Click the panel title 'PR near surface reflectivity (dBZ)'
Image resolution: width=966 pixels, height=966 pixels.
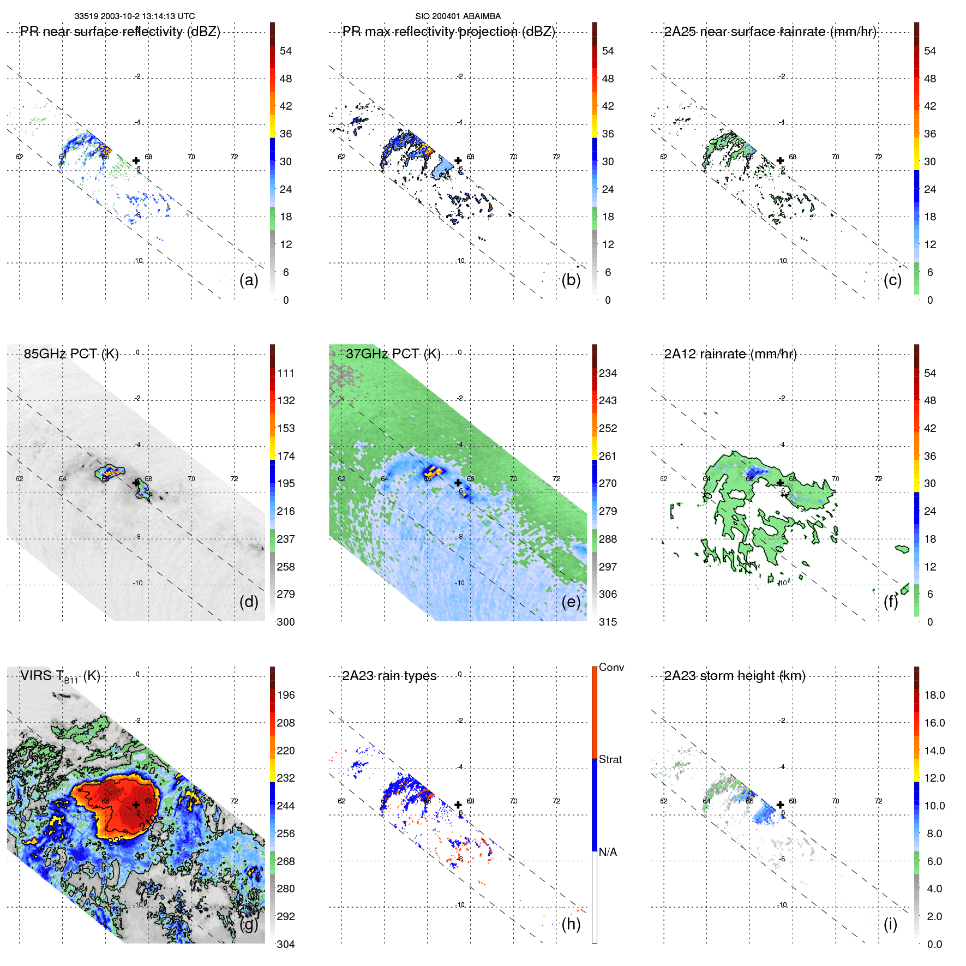[120, 32]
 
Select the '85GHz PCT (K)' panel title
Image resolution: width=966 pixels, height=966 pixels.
[71, 354]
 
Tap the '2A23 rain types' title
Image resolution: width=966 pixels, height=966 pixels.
[389, 676]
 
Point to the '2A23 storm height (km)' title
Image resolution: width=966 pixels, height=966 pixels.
[735, 676]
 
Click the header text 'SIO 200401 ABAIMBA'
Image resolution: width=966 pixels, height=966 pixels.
[458, 16]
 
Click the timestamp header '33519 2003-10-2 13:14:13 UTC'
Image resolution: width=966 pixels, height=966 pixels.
[135, 16]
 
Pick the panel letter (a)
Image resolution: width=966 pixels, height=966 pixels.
[249, 280]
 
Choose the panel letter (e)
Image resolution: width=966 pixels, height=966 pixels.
[571, 602]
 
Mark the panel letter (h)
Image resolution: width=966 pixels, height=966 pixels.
[571, 924]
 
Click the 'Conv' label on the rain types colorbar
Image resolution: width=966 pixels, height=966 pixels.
[611, 667]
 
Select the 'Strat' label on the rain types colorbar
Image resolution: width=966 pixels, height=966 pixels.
[610, 759]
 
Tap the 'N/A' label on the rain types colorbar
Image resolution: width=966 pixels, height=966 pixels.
[608, 852]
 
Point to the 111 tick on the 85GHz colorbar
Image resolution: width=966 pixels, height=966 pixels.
[286, 373]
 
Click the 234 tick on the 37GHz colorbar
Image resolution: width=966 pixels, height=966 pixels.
[608, 373]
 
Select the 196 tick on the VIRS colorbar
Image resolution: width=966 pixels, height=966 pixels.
[286, 695]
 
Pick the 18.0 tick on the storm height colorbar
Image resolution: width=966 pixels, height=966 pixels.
[934, 695]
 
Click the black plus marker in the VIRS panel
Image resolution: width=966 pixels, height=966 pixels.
[136, 805]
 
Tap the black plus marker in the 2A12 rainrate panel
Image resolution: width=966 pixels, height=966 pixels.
[780, 483]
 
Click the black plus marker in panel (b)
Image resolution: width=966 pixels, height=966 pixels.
[458, 160]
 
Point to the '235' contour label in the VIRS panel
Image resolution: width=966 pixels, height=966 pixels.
[117, 841]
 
